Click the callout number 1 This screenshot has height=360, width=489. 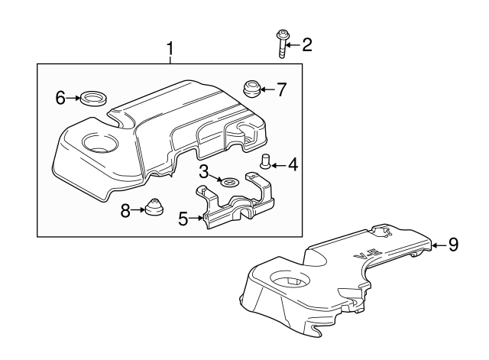[170, 50]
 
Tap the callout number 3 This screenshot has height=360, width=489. [205, 169]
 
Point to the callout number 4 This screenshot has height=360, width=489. [293, 164]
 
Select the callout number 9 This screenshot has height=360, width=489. [453, 245]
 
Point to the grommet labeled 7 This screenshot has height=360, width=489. [251, 89]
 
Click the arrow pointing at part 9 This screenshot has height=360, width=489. [437, 245]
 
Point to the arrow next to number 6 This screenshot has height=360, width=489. [75, 97]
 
